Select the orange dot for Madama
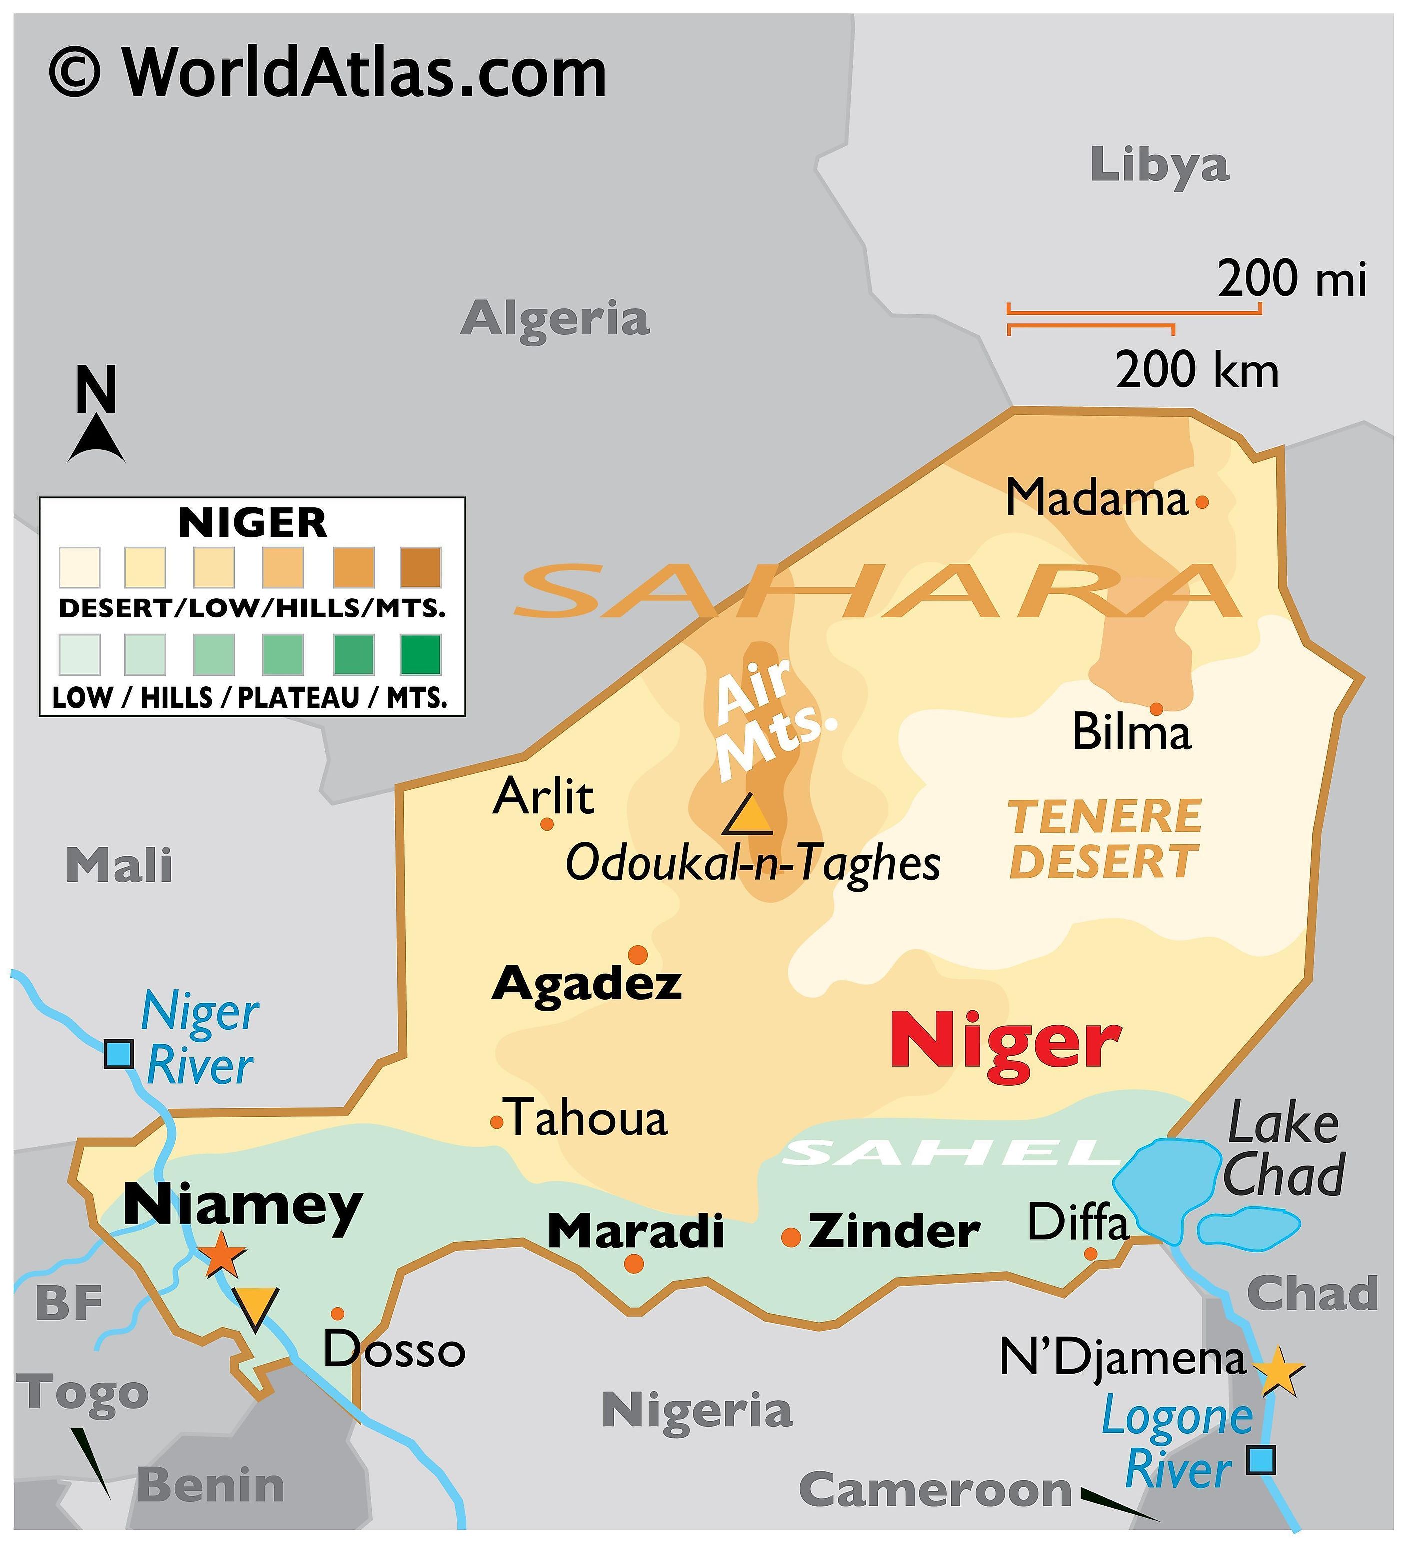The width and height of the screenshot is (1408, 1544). [x=1202, y=502]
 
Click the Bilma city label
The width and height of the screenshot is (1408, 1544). [x=1131, y=732]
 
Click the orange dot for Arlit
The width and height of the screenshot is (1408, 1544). [x=547, y=824]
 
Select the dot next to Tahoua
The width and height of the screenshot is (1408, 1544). [x=496, y=1123]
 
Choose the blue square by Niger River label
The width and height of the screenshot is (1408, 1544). [x=118, y=1054]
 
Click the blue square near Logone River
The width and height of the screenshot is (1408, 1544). [x=1261, y=1460]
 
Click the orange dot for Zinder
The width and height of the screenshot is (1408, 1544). [x=791, y=1237]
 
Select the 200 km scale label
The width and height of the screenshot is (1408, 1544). [x=1196, y=370]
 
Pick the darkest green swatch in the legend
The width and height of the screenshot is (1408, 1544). [x=420, y=655]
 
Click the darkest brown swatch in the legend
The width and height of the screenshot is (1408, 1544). [x=420, y=567]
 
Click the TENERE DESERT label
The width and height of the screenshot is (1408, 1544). [x=1104, y=839]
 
